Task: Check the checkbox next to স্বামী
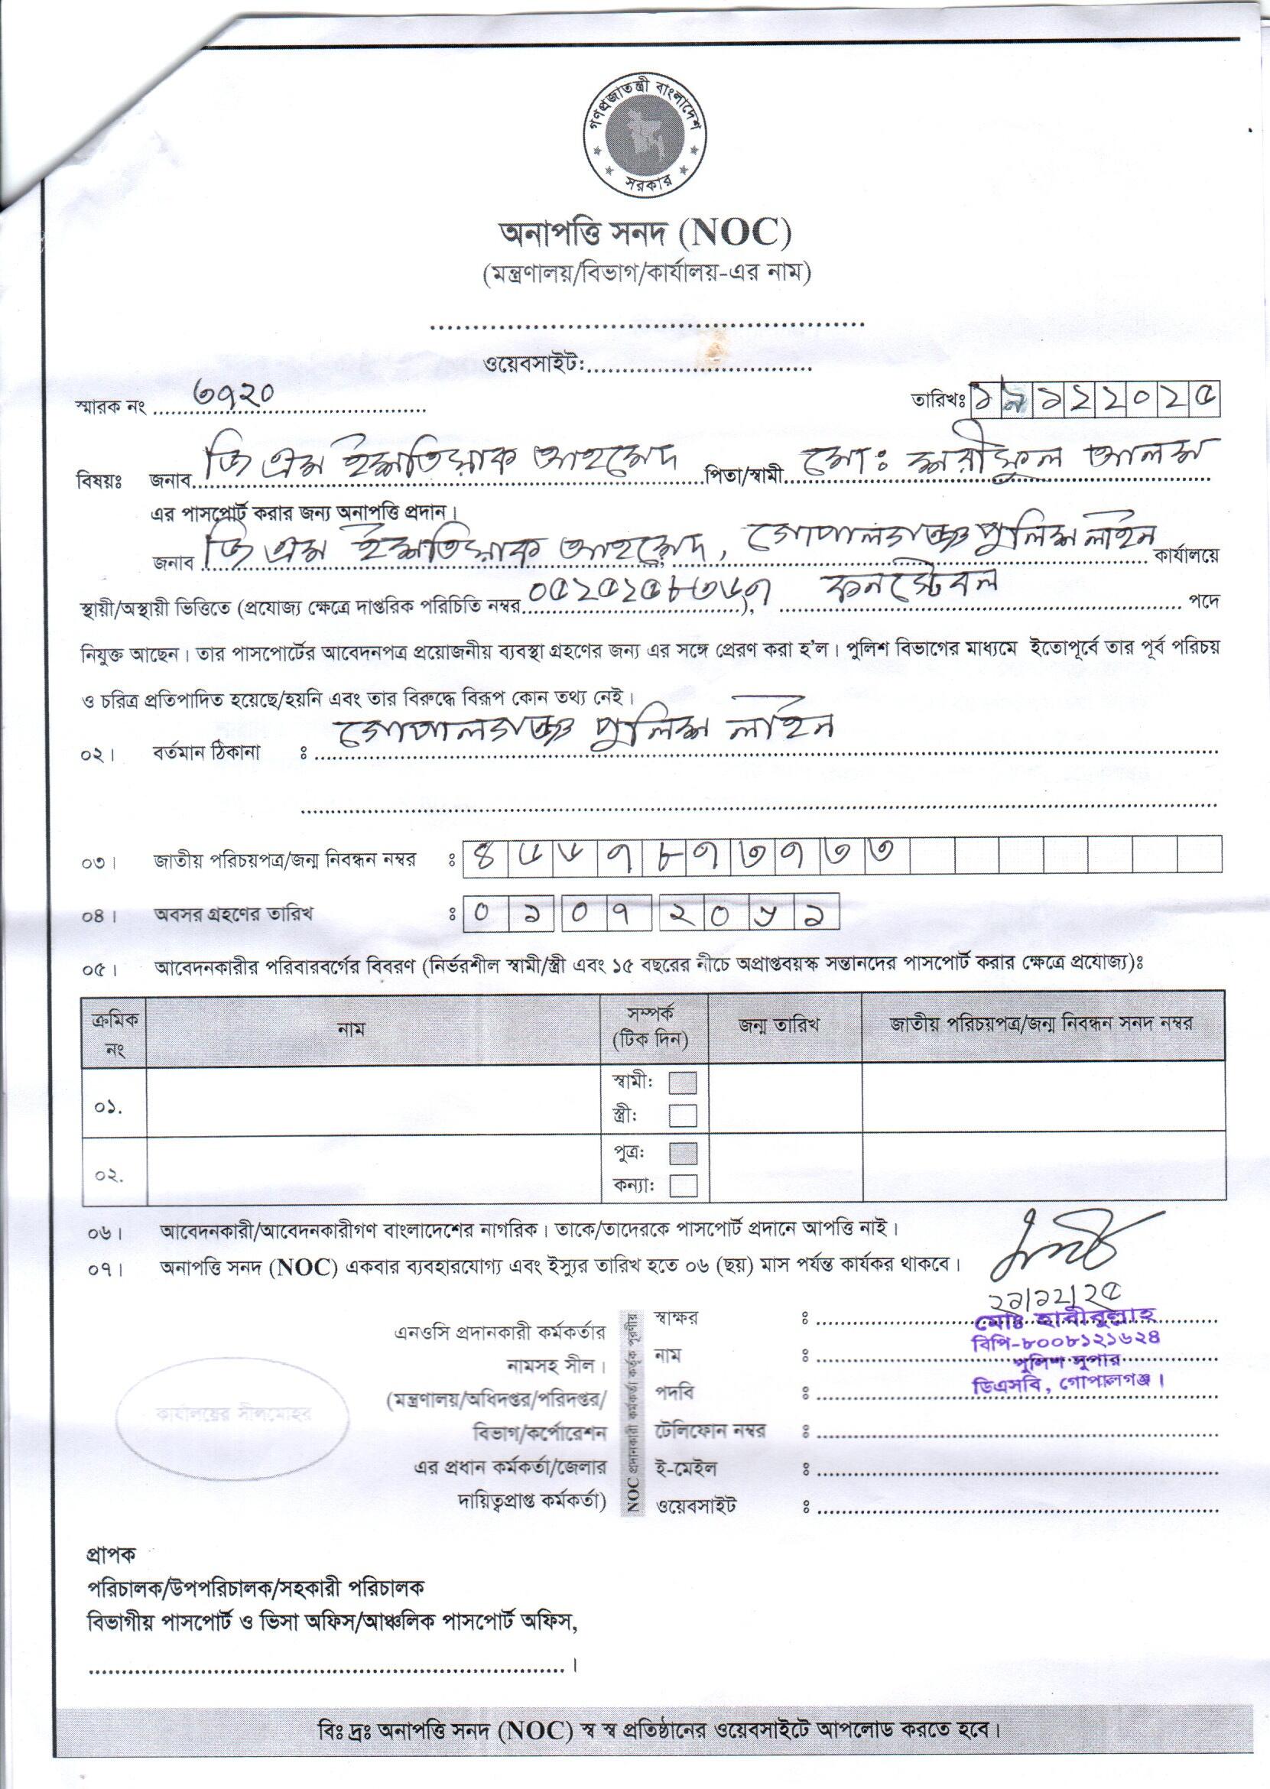click(x=683, y=1083)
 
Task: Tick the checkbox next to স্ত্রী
click(x=683, y=1115)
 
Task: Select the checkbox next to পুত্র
click(x=683, y=1154)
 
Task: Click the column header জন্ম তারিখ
click(x=784, y=1025)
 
